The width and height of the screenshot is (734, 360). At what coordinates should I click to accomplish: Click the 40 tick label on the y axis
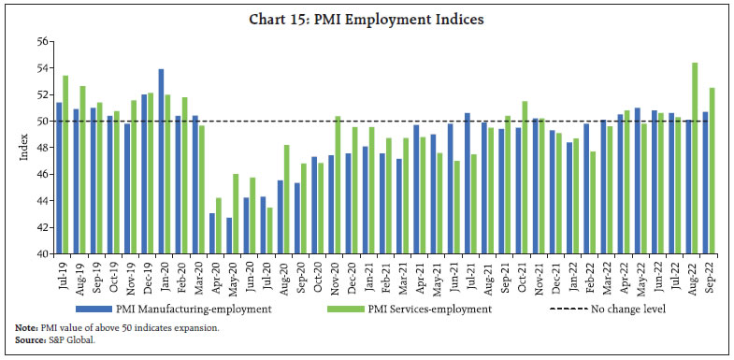pyautogui.click(x=43, y=253)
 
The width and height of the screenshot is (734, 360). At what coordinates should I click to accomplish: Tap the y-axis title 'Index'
pyautogui.click(x=23, y=147)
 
